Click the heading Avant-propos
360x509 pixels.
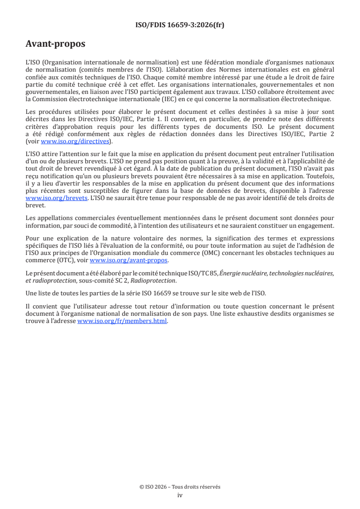coord(55,44)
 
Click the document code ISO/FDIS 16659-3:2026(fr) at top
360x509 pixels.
coord(180,25)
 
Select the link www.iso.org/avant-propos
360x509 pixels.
coord(129,260)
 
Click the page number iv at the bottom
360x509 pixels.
coord(180,495)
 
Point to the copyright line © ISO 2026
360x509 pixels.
coord(180,487)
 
